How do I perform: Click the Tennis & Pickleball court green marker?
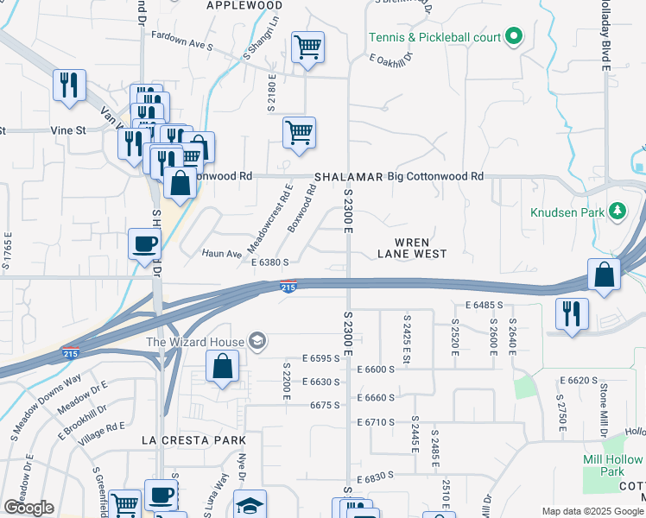point(513,37)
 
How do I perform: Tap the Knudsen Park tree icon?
point(617,210)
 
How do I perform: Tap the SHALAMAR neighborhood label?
point(348,176)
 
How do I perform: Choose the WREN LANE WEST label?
point(413,247)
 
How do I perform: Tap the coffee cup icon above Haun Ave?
point(144,243)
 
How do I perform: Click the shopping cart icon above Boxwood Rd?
point(299,133)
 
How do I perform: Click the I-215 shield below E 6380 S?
point(288,287)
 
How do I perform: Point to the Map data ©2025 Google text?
point(592,511)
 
